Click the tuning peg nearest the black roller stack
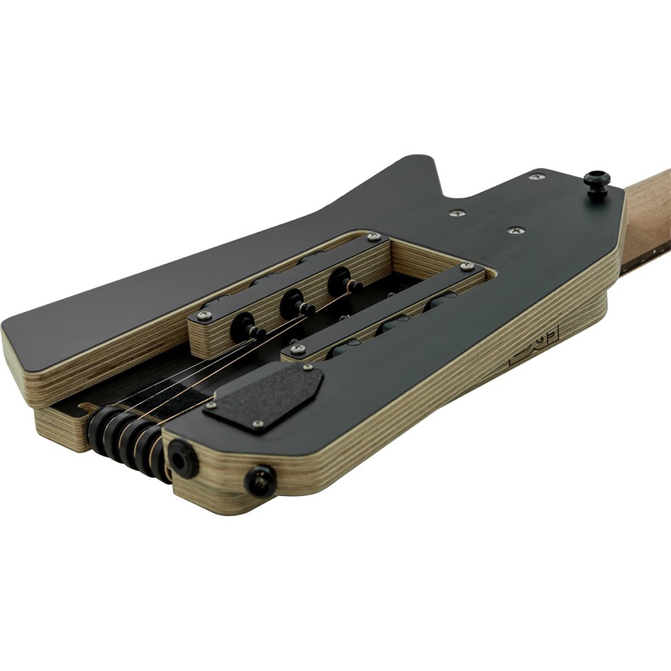(244, 327)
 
